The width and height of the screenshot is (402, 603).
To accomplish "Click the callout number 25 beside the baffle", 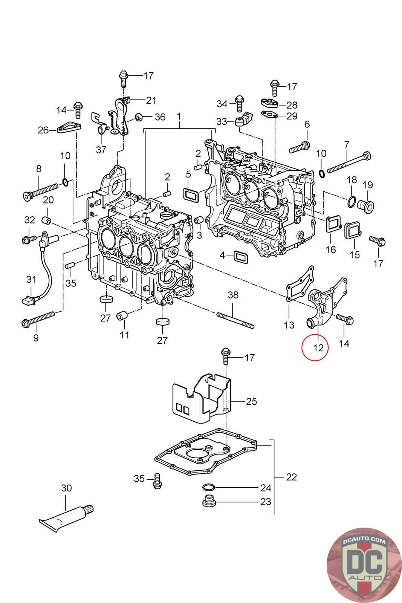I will tap(251, 401).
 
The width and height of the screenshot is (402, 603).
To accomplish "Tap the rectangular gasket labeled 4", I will tap(240, 256).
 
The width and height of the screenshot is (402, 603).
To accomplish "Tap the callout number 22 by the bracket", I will tap(291, 477).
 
